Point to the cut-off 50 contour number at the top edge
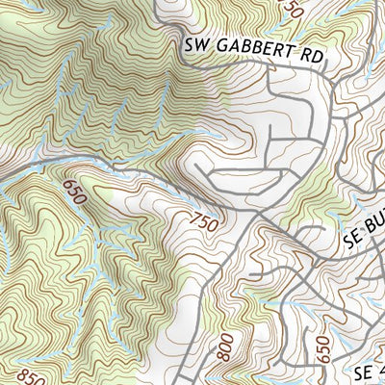tap(294, 7)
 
